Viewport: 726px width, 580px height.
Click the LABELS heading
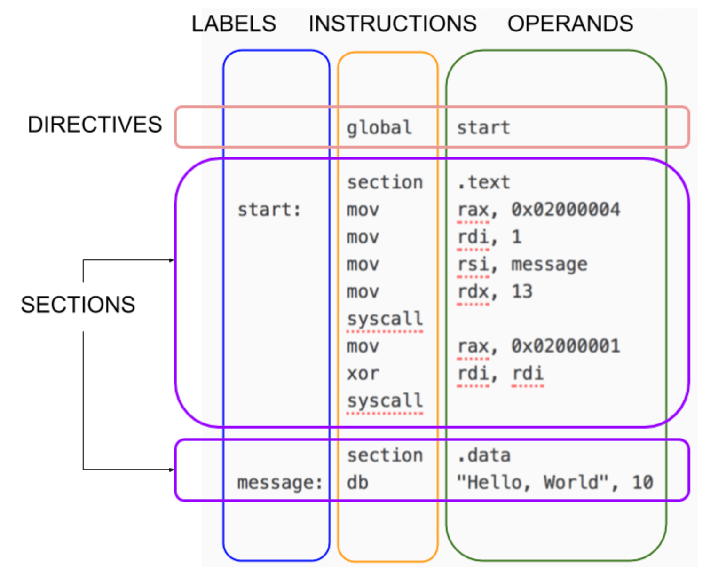click(234, 24)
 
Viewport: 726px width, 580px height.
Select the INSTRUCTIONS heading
click(393, 24)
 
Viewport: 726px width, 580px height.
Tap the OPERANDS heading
click(570, 24)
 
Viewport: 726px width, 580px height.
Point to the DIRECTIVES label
click(95, 125)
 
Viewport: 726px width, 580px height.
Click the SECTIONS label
click(78, 305)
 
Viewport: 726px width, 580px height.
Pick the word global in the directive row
click(379, 128)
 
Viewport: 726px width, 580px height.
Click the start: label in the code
click(269, 210)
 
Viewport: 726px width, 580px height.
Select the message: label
click(280, 483)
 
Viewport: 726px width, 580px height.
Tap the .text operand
click(484, 182)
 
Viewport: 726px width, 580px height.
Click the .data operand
click(484, 455)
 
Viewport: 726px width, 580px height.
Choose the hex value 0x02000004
click(566, 210)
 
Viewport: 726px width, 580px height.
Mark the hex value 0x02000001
click(566, 346)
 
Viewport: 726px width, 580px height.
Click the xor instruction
click(363, 374)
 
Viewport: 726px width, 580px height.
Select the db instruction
click(358, 482)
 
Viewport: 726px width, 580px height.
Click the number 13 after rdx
click(522, 291)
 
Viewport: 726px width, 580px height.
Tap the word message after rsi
click(549, 264)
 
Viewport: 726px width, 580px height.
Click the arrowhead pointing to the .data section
click(172, 470)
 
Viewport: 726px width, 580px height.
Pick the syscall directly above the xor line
click(385, 319)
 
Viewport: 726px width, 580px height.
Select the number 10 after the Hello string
click(643, 482)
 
